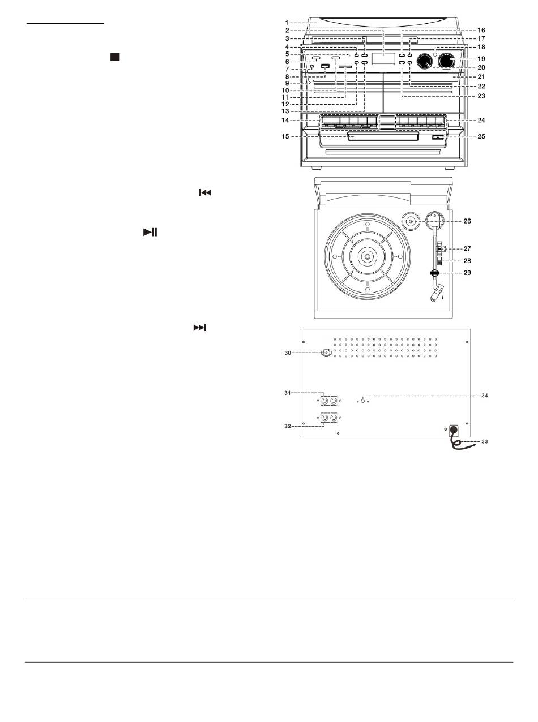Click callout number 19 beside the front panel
(481, 59)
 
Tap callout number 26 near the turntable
(467, 221)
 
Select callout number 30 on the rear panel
(288, 353)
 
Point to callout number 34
(485, 396)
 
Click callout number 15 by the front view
(285, 137)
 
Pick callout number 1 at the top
(287, 23)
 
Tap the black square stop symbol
(115, 57)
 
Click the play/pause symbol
(150, 232)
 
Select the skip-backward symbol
(205, 193)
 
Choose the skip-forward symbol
(200, 328)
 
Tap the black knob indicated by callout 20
(425, 61)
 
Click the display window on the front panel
(383, 59)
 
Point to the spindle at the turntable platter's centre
(368, 256)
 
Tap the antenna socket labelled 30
(326, 353)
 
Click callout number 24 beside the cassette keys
(481, 121)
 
